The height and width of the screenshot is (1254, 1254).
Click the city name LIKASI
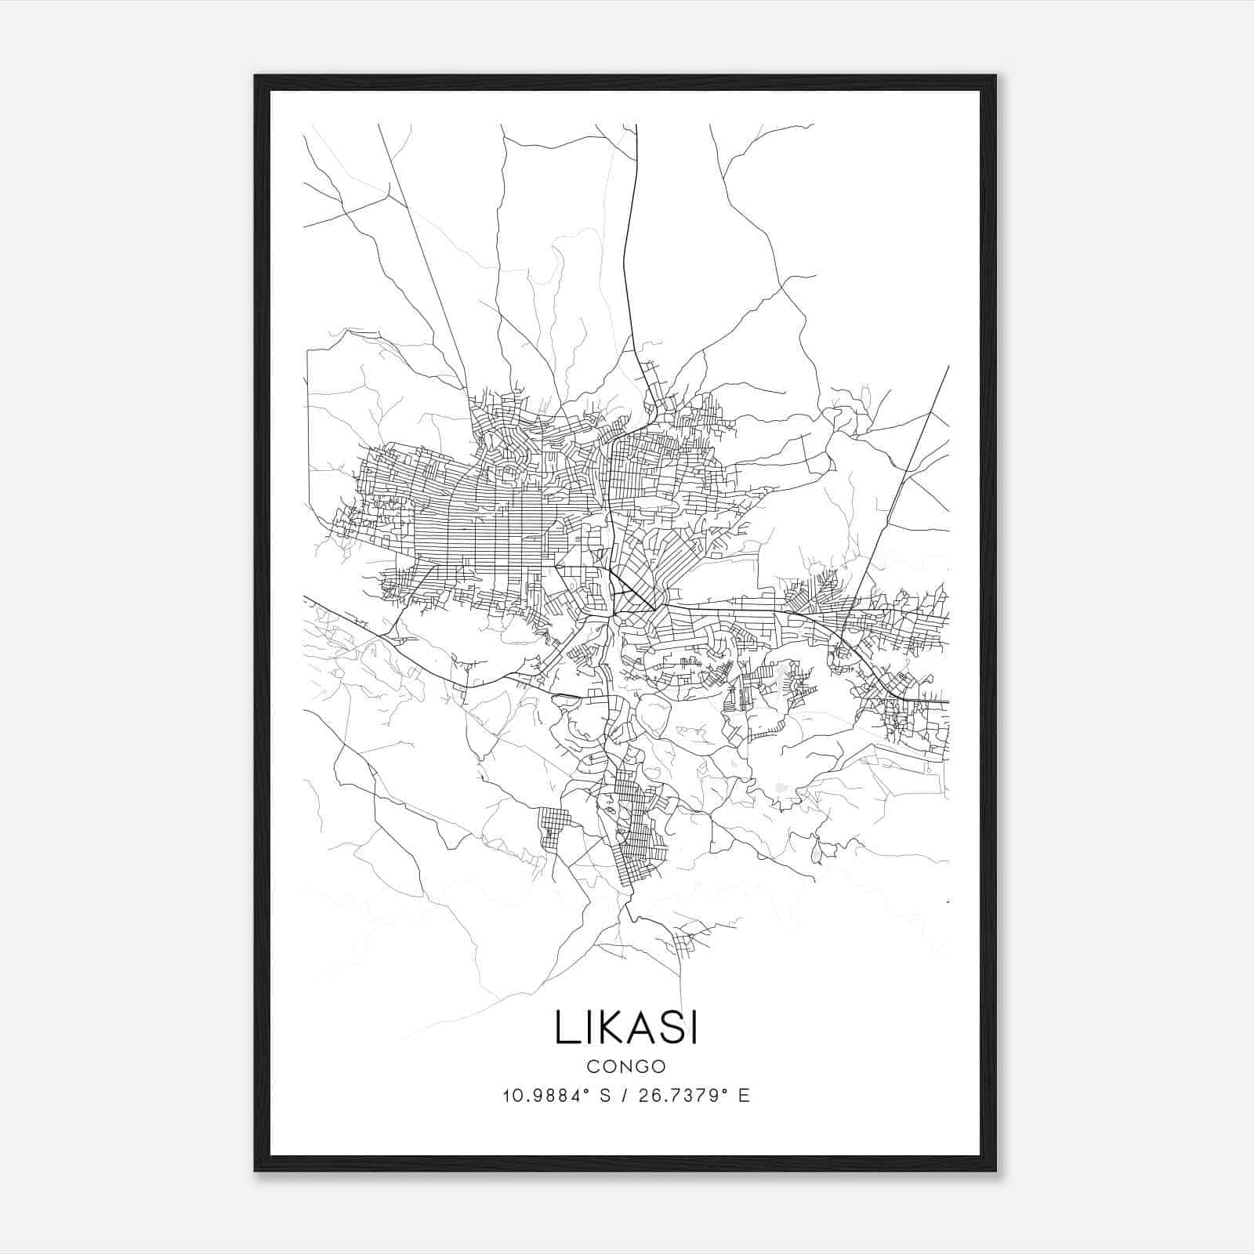coord(625,1027)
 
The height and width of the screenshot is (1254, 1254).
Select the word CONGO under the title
coord(625,1066)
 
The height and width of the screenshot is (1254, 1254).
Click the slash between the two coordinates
coord(625,1096)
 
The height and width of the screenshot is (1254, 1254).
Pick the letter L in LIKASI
coord(564,1027)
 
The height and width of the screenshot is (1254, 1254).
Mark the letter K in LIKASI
coord(603,1027)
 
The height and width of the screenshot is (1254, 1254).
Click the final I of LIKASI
coord(693,1027)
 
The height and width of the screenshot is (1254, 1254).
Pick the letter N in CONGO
coord(625,1066)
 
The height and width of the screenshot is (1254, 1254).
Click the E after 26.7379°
coord(744,1096)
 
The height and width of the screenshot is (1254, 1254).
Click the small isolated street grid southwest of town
coord(554,829)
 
